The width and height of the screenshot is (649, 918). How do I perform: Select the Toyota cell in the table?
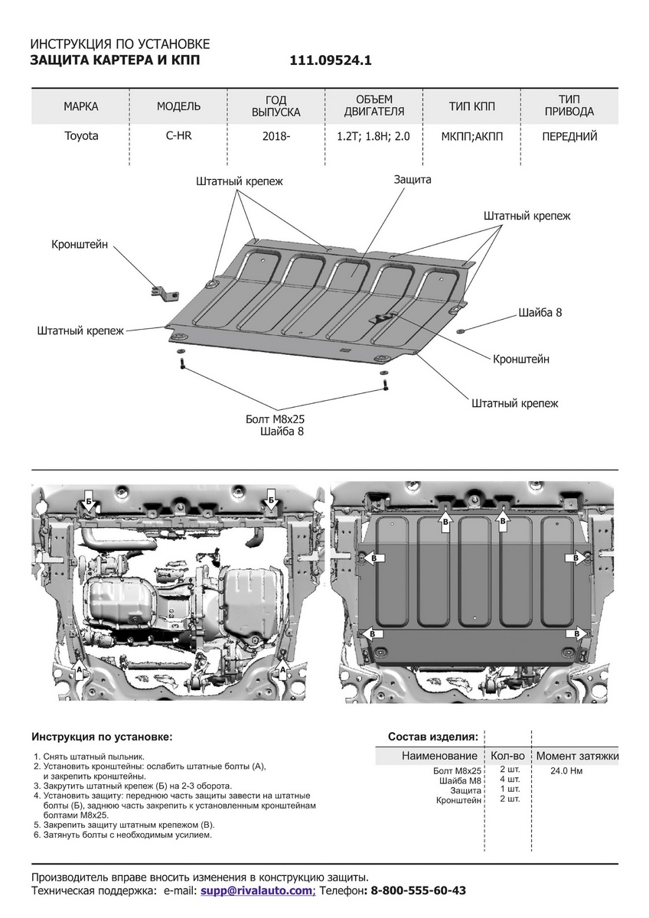click(x=80, y=137)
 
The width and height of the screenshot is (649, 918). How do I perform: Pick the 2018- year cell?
click(x=276, y=137)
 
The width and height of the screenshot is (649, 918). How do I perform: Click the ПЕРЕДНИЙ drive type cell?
click(x=569, y=137)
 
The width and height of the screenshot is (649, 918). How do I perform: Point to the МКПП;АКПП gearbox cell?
click(x=472, y=137)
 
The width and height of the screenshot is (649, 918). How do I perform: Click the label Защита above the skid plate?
click(x=413, y=179)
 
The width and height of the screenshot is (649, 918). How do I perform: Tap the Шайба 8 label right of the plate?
click(x=540, y=313)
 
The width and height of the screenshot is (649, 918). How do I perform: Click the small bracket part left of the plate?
click(x=162, y=292)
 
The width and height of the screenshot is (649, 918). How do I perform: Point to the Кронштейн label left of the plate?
click(x=80, y=245)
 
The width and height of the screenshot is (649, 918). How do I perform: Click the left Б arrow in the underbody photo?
click(x=88, y=500)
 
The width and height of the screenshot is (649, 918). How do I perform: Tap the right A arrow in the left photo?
click(x=284, y=670)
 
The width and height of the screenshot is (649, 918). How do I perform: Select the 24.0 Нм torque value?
click(x=566, y=771)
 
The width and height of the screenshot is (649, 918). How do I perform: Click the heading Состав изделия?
click(x=433, y=737)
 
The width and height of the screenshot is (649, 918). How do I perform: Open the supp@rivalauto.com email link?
click(x=257, y=891)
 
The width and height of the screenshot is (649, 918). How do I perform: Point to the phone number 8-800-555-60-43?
click(x=418, y=891)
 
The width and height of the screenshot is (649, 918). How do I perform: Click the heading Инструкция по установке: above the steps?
click(x=102, y=737)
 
